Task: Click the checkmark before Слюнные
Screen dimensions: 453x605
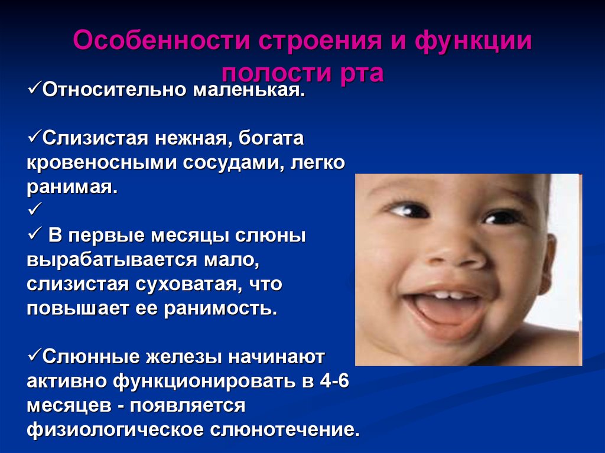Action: tap(33, 356)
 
